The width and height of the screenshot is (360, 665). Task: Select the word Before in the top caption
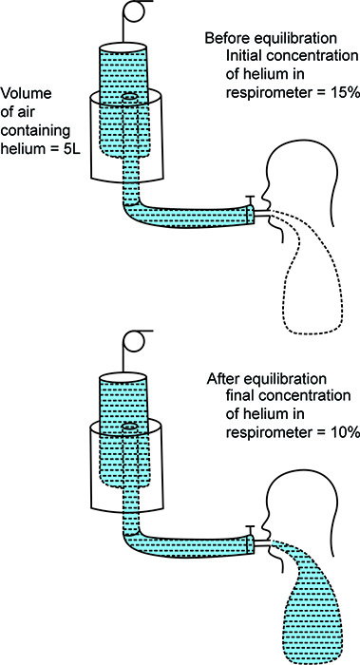(225, 39)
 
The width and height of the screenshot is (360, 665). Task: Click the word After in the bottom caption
(220, 379)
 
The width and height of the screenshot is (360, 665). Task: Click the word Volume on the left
(28, 93)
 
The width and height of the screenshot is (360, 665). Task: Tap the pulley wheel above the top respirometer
(136, 11)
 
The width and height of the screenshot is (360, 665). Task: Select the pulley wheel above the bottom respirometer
(136, 340)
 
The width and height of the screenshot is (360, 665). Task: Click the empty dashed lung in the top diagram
(311, 280)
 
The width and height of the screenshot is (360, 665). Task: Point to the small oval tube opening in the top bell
(129, 98)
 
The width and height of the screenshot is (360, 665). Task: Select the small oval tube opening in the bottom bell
(129, 427)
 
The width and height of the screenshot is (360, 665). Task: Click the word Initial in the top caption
(241, 56)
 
